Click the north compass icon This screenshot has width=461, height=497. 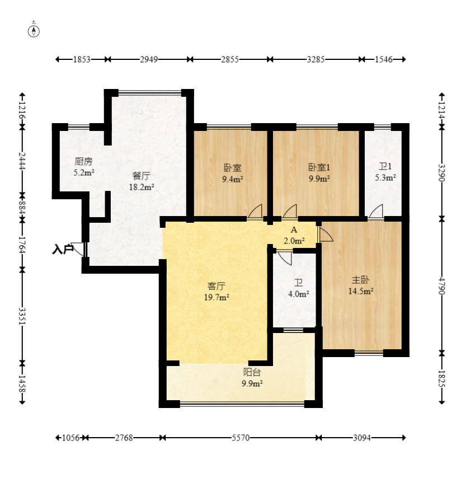click(x=34, y=31)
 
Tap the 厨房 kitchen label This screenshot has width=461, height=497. click(x=84, y=162)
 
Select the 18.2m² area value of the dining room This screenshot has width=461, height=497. click(x=142, y=187)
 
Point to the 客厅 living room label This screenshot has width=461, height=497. click(x=217, y=286)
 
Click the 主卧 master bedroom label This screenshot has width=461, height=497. click(x=360, y=280)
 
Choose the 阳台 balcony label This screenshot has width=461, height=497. click(x=252, y=372)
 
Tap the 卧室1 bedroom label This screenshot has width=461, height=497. click(x=319, y=167)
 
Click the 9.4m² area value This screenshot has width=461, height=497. click(x=233, y=179)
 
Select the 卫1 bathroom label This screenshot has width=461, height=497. click(x=385, y=166)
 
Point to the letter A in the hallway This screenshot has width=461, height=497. click(x=294, y=229)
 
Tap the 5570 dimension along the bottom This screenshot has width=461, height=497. click(x=241, y=438)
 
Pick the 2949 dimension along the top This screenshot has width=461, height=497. click(x=149, y=59)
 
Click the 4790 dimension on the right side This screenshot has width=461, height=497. click(x=441, y=286)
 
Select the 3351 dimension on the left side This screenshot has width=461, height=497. click(x=22, y=316)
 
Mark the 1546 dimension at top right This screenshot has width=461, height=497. click(x=384, y=59)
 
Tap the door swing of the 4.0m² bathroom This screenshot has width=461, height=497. click(x=285, y=258)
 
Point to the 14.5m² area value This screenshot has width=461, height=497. click(x=360, y=291)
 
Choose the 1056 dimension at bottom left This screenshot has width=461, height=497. click(x=70, y=438)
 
